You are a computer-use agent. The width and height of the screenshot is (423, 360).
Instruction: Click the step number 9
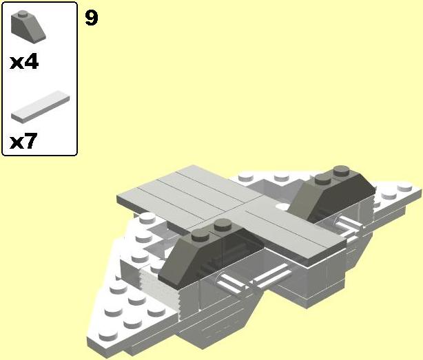click(x=92, y=18)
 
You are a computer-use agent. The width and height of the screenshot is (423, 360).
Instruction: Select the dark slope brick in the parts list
click(x=28, y=27)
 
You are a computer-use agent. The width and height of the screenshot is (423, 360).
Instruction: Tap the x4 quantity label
click(x=24, y=62)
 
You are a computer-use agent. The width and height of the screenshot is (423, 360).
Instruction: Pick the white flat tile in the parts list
click(x=41, y=107)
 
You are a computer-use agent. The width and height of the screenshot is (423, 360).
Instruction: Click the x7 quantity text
click(x=23, y=140)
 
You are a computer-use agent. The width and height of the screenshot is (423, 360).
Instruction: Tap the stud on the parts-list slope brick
click(x=23, y=14)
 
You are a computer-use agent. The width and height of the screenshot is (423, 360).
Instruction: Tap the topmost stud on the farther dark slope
click(x=341, y=170)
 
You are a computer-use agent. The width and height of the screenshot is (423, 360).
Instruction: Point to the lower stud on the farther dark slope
click(x=323, y=179)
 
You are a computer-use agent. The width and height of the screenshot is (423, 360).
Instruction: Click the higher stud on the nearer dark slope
click(x=223, y=224)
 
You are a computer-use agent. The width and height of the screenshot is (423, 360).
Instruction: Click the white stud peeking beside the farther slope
click(x=282, y=207)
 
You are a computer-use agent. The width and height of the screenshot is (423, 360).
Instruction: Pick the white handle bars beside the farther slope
click(x=348, y=226)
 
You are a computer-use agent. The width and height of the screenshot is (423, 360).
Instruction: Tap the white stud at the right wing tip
click(x=404, y=187)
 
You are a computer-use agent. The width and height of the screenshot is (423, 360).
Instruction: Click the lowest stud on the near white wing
click(x=108, y=335)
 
